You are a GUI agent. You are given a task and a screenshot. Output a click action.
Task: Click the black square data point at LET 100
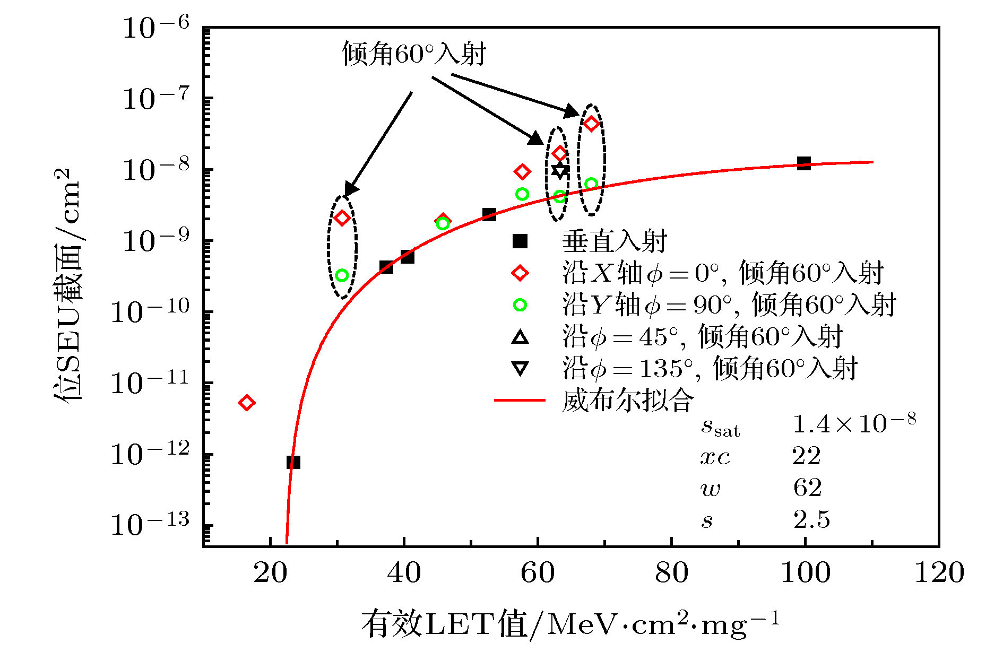(804, 163)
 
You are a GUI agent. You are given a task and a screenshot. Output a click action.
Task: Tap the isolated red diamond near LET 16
(246, 403)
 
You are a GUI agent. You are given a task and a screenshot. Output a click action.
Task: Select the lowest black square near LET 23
(293, 462)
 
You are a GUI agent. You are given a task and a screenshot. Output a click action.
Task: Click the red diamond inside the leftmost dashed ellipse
(342, 218)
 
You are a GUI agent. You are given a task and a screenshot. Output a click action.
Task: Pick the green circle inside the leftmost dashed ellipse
(342, 275)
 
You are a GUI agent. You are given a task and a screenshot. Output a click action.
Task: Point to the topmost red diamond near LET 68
(591, 124)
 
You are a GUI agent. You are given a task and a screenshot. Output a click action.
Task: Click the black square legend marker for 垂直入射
(520, 241)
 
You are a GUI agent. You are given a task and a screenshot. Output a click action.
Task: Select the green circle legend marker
(520, 305)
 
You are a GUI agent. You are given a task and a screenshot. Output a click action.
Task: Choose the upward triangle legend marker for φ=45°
(520, 337)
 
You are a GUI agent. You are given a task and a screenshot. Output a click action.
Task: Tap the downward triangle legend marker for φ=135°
(520, 369)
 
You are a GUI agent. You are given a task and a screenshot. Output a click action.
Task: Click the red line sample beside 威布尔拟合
(520, 400)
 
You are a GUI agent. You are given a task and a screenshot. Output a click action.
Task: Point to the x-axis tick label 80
(671, 573)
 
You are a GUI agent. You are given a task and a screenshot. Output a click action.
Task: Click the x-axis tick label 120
(939, 573)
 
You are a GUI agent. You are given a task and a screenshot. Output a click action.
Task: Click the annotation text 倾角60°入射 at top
(414, 54)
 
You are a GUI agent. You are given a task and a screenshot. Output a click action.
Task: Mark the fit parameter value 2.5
(811, 520)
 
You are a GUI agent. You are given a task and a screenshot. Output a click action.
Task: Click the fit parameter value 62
(807, 488)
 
